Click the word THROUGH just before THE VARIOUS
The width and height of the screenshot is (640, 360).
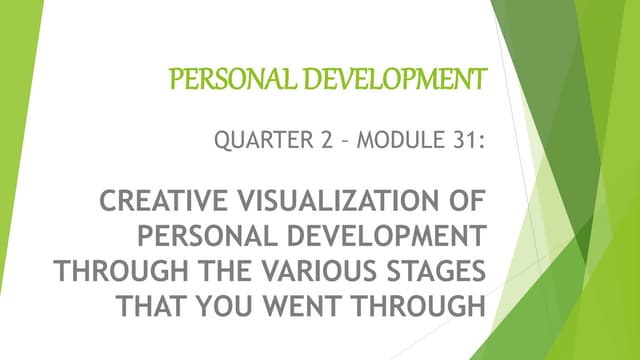pyautogui.click(x=109, y=272)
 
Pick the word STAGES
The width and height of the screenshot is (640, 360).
pyautogui.click(x=427, y=272)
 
